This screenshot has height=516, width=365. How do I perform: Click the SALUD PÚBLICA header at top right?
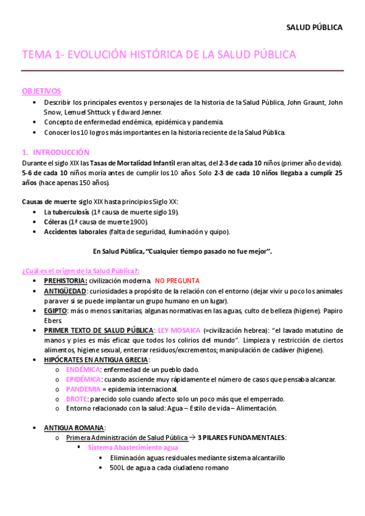point(315,27)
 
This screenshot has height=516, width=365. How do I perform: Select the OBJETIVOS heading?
point(41,91)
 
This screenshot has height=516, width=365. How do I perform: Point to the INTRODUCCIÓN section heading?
point(60,152)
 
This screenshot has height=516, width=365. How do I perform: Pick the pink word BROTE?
point(76,399)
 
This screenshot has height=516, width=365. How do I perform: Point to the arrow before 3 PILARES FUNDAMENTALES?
point(192,438)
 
